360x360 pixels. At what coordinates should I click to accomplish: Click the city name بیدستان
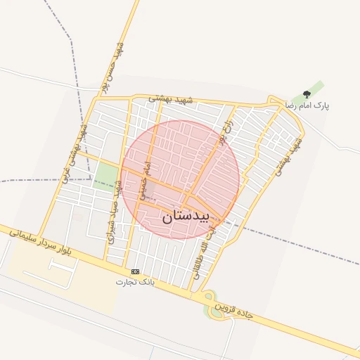coord(186,216)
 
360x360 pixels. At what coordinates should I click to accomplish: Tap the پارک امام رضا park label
coord(307,105)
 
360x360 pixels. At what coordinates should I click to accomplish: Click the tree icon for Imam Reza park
coord(306,94)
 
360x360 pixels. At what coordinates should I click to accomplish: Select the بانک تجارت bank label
coord(135,281)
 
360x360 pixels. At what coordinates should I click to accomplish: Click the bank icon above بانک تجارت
coord(135,271)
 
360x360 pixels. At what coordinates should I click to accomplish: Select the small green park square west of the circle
coord(107,176)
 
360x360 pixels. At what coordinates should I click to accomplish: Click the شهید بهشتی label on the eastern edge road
coord(288,156)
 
